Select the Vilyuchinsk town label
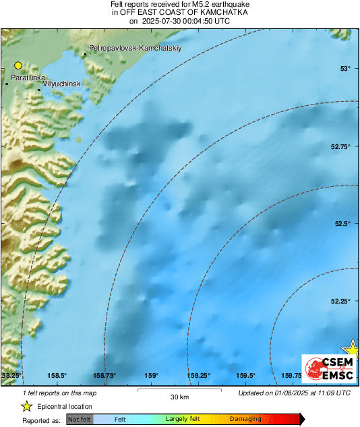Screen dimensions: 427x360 [61, 83]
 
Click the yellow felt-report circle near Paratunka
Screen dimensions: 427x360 [18, 65]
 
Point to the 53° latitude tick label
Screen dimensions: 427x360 [345, 69]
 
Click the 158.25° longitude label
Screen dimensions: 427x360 [11, 376]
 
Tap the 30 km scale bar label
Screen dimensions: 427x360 [179, 396]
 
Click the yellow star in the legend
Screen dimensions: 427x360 [27, 406]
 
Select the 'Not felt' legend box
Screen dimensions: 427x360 [80, 420]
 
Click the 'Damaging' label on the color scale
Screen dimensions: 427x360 [245, 420]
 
